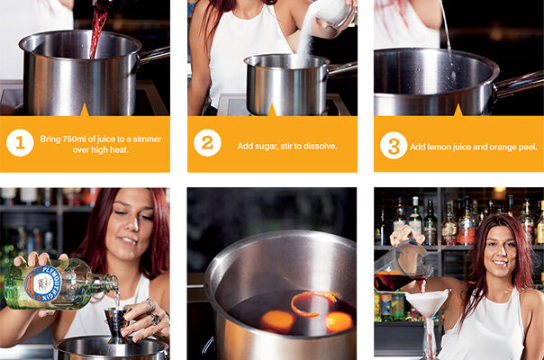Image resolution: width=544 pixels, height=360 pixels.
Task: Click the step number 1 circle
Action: [20, 142]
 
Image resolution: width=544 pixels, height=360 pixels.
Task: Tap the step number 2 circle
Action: [207, 142]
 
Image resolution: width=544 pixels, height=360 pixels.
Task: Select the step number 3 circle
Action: [394, 145]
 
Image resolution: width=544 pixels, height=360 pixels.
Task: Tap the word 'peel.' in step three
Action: [528, 148]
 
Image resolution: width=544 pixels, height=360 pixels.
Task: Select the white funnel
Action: [428, 309]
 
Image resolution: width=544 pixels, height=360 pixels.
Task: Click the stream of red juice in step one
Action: [98, 29]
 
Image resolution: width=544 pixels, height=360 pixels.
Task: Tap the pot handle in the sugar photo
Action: [341, 68]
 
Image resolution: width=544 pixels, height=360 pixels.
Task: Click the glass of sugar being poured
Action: [334, 13]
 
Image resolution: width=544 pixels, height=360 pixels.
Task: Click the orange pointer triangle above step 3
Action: [458, 111]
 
